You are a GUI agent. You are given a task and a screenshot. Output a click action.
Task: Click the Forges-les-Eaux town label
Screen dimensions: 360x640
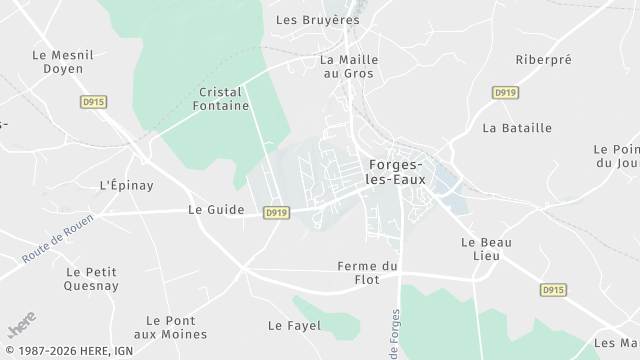pyautogui.click(x=397, y=172)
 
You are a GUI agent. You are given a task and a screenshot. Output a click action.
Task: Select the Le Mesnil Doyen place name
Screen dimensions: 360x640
pyautogui.click(x=63, y=63)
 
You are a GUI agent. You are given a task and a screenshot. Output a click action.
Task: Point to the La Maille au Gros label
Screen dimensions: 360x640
pyautogui.click(x=347, y=66)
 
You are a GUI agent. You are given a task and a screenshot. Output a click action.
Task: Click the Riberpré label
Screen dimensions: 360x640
pyautogui.click(x=543, y=60)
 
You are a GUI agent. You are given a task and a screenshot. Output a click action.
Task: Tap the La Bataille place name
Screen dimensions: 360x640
pyautogui.click(x=517, y=128)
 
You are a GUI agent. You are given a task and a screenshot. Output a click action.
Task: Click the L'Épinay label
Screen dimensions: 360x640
pyautogui.click(x=127, y=186)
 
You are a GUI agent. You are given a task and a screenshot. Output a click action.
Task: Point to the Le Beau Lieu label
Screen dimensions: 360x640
pyautogui.click(x=480, y=250)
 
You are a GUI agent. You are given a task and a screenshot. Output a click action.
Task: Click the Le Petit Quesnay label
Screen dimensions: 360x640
pyautogui.click(x=92, y=278)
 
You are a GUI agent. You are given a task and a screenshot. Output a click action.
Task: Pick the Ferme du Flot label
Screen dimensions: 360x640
pyautogui.click(x=368, y=273)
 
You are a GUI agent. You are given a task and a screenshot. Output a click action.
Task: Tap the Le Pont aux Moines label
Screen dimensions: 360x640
pyautogui.click(x=170, y=327)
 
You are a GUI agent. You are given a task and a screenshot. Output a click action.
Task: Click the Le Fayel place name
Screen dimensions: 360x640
pyautogui.click(x=293, y=326)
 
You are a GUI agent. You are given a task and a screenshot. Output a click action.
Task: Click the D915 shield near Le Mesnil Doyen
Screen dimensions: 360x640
pyautogui.click(x=93, y=102)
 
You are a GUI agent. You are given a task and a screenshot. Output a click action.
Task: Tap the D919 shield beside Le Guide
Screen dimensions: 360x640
pyautogui.click(x=277, y=213)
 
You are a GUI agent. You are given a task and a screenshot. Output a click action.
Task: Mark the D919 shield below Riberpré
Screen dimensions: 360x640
pyautogui.click(x=505, y=92)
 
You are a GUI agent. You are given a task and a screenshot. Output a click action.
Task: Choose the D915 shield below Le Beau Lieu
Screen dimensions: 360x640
pyautogui.click(x=553, y=290)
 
